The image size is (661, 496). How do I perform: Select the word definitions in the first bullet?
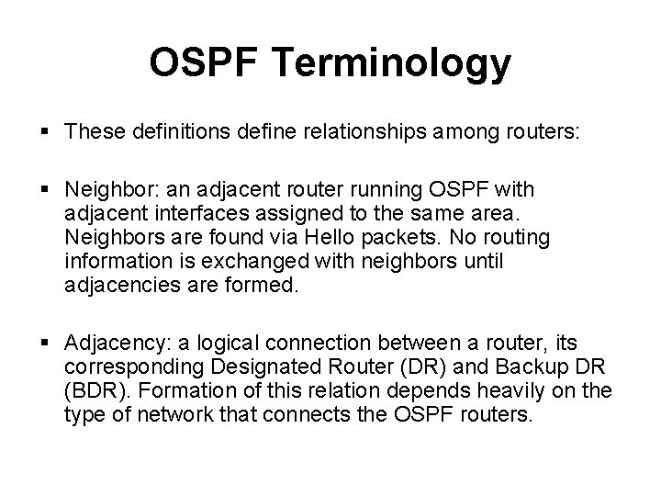[176, 132]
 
